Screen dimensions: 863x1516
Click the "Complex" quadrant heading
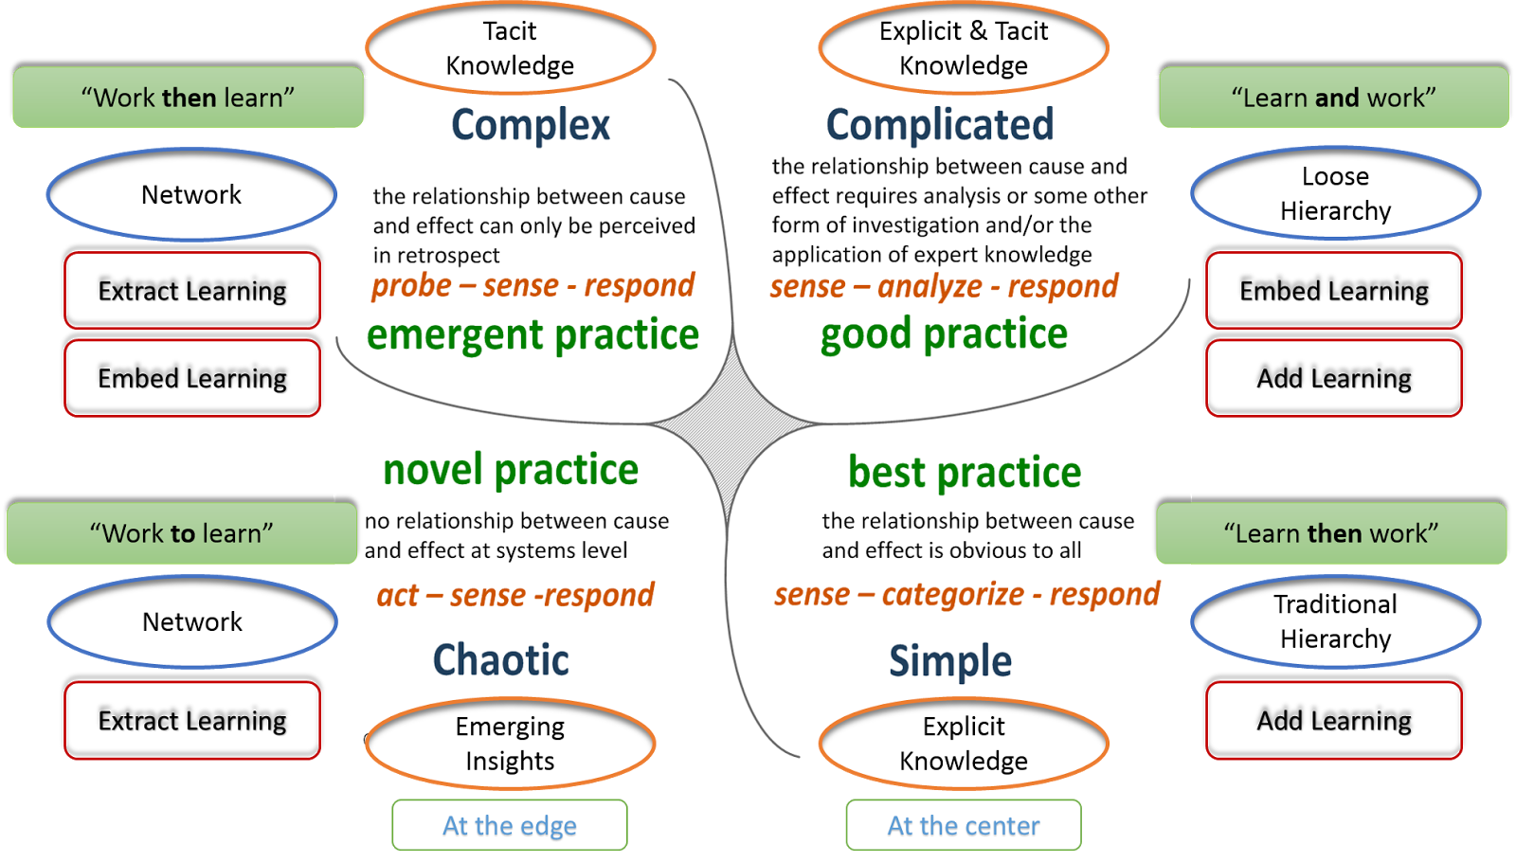pyautogui.click(x=531, y=125)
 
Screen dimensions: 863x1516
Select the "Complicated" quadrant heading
pyautogui.click(x=940, y=125)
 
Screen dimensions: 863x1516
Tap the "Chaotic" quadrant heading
pyautogui.click(x=500, y=660)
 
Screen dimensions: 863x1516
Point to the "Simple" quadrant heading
pyautogui.click(x=949, y=661)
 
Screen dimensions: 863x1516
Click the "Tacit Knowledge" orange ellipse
pyautogui.click(x=510, y=48)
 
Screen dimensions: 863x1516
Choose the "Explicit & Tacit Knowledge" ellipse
pyautogui.click(x=964, y=48)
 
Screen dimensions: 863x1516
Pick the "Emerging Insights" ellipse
pyautogui.click(x=510, y=744)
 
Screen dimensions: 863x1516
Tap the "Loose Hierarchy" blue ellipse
pyautogui.click(x=1335, y=193)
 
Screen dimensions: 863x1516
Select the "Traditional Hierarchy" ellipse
pyautogui.click(x=1335, y=621)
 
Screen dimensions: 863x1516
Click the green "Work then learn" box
pyautogui.click(x=188, y=98)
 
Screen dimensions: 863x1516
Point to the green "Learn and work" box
pyautogui.click(x=1333, y=98)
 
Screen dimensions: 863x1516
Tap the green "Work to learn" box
pyautogui.click(x=181, y=533)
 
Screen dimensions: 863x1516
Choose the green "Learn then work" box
pyautogui.click(x=1330, y=533)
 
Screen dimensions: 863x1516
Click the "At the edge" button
pyautogui.click(x=510, y=826)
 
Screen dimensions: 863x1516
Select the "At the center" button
pyautogui.click(x=964, y=826)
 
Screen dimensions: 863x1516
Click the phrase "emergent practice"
pyautogui.click(x=532, y=335)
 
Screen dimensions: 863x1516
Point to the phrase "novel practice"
pyautogui.click(x=511, y=470)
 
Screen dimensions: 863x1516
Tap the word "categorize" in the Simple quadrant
pyautogui.click(x=952, y=595)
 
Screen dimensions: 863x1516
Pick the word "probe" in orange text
pyautogui.click(x=411, y=286)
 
